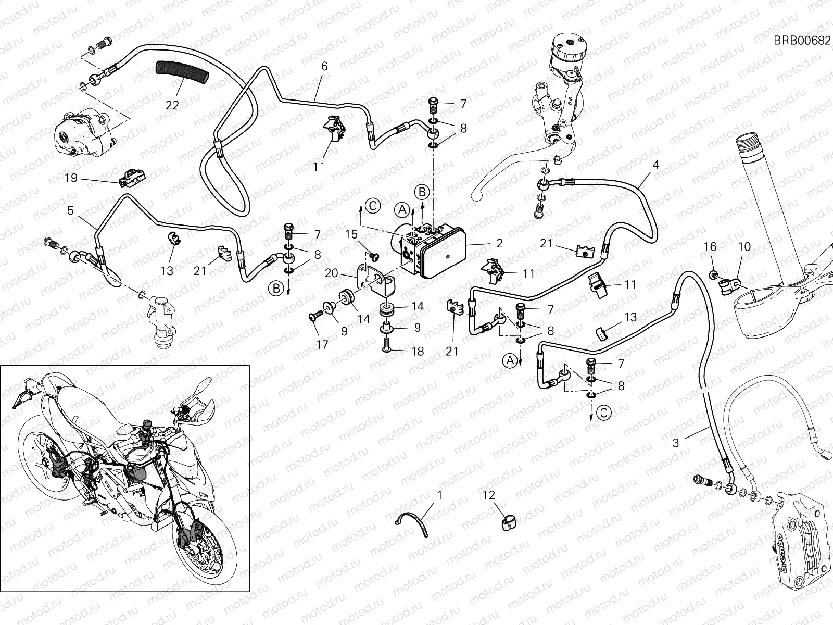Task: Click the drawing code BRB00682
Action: click(x=802, y=41)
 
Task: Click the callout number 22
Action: click(x=172, y=105)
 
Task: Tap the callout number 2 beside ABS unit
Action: click(x=499, y=243)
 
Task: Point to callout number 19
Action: click(x=71, y=178)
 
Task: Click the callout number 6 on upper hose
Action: click(x=324, y=66)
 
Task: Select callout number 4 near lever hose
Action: click(x=656, y=165)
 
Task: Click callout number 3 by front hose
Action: click(x=676, y=443)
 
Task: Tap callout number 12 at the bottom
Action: click(x=489, y=495)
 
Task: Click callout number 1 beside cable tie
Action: click(x=439, y=495)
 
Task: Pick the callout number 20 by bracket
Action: click(x=331, y=273)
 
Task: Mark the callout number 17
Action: click(x=322, y=344)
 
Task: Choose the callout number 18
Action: click(x=418, y=352)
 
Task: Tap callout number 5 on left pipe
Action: click(x=70, y=211)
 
